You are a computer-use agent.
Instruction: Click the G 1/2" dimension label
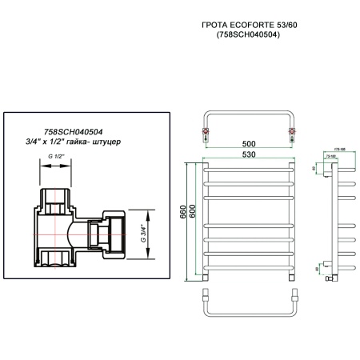click(55, 158)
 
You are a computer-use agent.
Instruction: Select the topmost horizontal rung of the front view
click(250, 170)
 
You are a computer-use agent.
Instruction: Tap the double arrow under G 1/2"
click(55, 166)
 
